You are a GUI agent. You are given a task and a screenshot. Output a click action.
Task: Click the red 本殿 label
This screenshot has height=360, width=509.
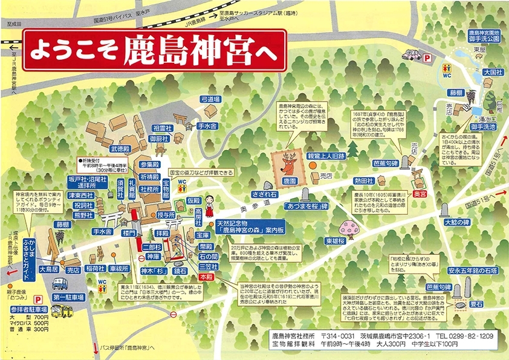pyautogui.click(x=206, y=276)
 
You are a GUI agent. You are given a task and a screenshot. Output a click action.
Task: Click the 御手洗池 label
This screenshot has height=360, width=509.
pyautogui.click(x=485, y=127)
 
